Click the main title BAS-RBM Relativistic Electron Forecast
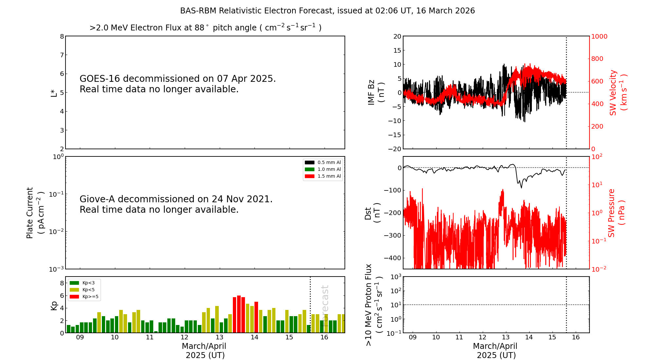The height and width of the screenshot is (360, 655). click(x=327, y=11)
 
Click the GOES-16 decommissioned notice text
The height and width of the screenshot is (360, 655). click(x=178, y=84)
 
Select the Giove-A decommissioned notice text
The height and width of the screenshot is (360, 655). click(x=176, y=204)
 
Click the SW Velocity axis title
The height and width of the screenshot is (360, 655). click(x=618, y=93)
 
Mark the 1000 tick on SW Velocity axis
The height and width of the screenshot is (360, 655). click(x=599, y=36)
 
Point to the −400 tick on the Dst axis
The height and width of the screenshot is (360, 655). click(x=393, y=258)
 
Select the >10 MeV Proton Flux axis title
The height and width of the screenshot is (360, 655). click(x=374, y=305)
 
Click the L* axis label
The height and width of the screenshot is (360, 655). click(x=54, y=93)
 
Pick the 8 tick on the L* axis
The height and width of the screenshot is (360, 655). click(x=62, y=36)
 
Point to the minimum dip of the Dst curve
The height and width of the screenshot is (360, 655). click(x=521, y=188)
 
